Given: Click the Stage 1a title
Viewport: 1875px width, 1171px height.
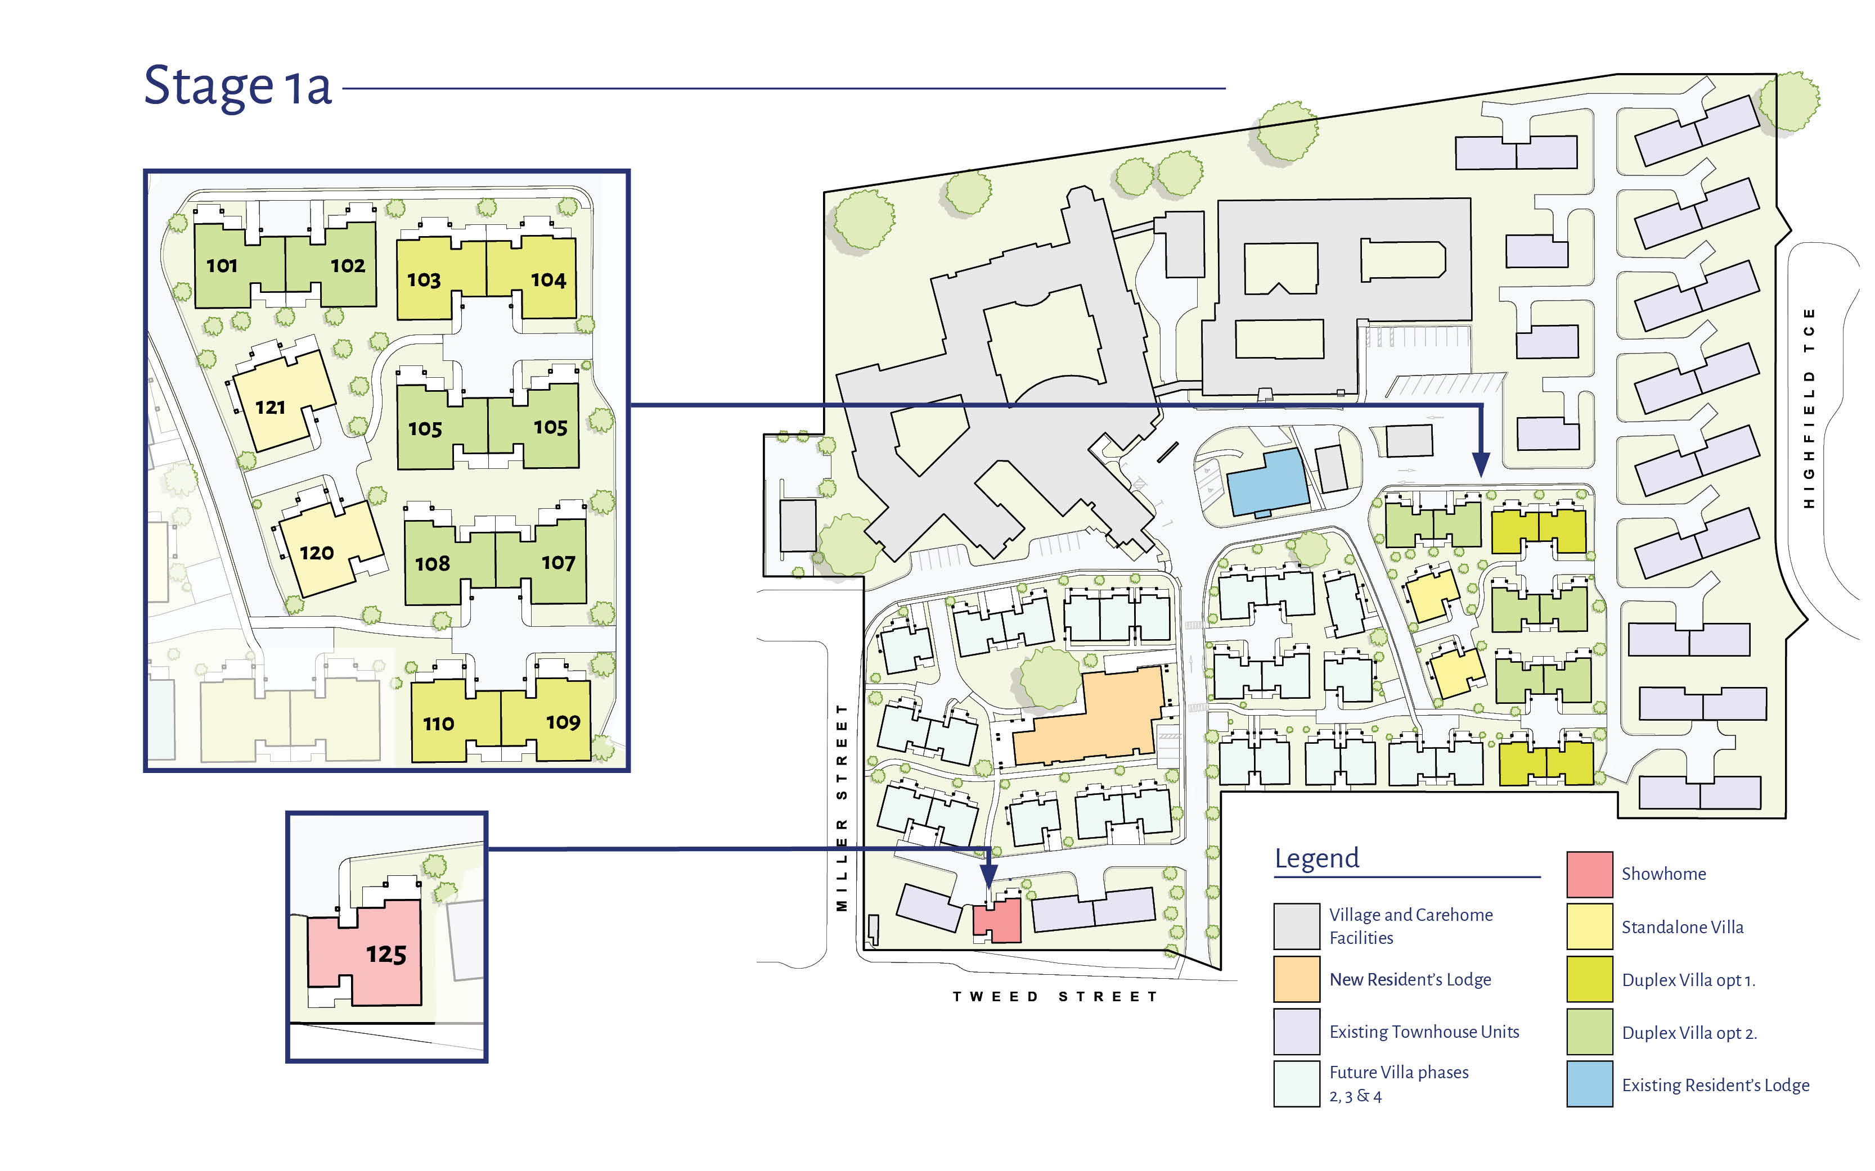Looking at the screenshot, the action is click(x=238, y=87).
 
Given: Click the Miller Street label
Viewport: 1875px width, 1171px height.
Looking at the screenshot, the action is click(x=842, y=807).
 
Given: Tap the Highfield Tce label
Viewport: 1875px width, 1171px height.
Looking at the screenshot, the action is click(x=1809, y=408).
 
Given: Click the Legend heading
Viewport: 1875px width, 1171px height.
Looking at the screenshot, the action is click(x=1317, y=858).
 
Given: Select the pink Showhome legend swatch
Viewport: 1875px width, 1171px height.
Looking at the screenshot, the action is click(x=1590, y=874).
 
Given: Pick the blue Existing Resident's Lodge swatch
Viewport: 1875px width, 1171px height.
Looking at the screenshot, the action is click(x=1590, y=1083).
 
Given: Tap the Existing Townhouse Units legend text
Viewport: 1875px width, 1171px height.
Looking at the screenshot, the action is click(x=1424, y=1032).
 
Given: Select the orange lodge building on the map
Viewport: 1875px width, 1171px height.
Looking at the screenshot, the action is click(x=1089, y=716).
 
